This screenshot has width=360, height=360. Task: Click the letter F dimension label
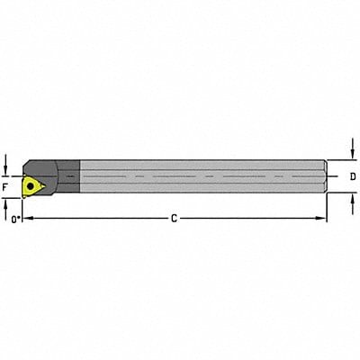click(x=7, y=186)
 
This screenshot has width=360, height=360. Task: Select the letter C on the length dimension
click(x=173, y=218)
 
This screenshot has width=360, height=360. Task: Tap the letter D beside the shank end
click(x=352, y=176)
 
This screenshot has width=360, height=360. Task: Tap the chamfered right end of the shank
click(x=322, y=177)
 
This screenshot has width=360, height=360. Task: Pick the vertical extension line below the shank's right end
click(x=327, y=207)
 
